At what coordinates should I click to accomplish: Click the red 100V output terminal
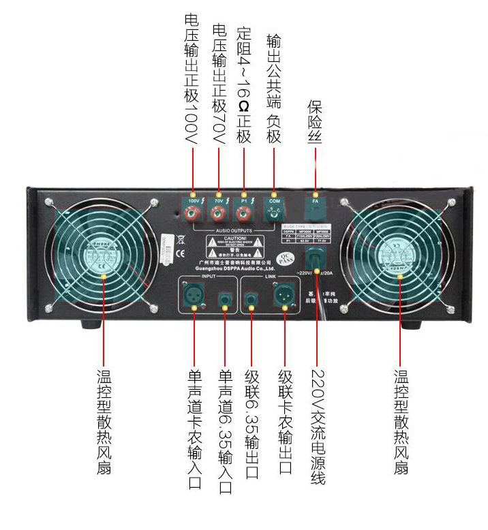(194, 215)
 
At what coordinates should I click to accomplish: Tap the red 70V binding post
(218, 215)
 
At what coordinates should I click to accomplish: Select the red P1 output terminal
(243, 215)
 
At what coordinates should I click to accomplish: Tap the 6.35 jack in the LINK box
(252, 298)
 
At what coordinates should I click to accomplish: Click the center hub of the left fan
(103, 257)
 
